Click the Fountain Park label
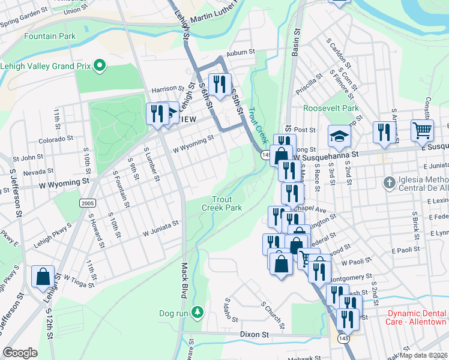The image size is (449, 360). [x=50, y=36]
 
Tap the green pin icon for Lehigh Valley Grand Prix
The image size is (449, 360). [x=100, y=65]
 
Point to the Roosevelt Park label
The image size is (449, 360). [x=331, y=109]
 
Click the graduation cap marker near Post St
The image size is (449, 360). [x=339, y=136]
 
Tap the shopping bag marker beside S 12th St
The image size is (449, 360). [x=43, y=277]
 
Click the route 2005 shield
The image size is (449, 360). [x=86, y=203]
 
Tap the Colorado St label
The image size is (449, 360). [x=55, y=139]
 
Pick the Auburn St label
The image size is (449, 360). [x=241, y=53]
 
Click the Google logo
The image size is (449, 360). [x=20, y=353]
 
